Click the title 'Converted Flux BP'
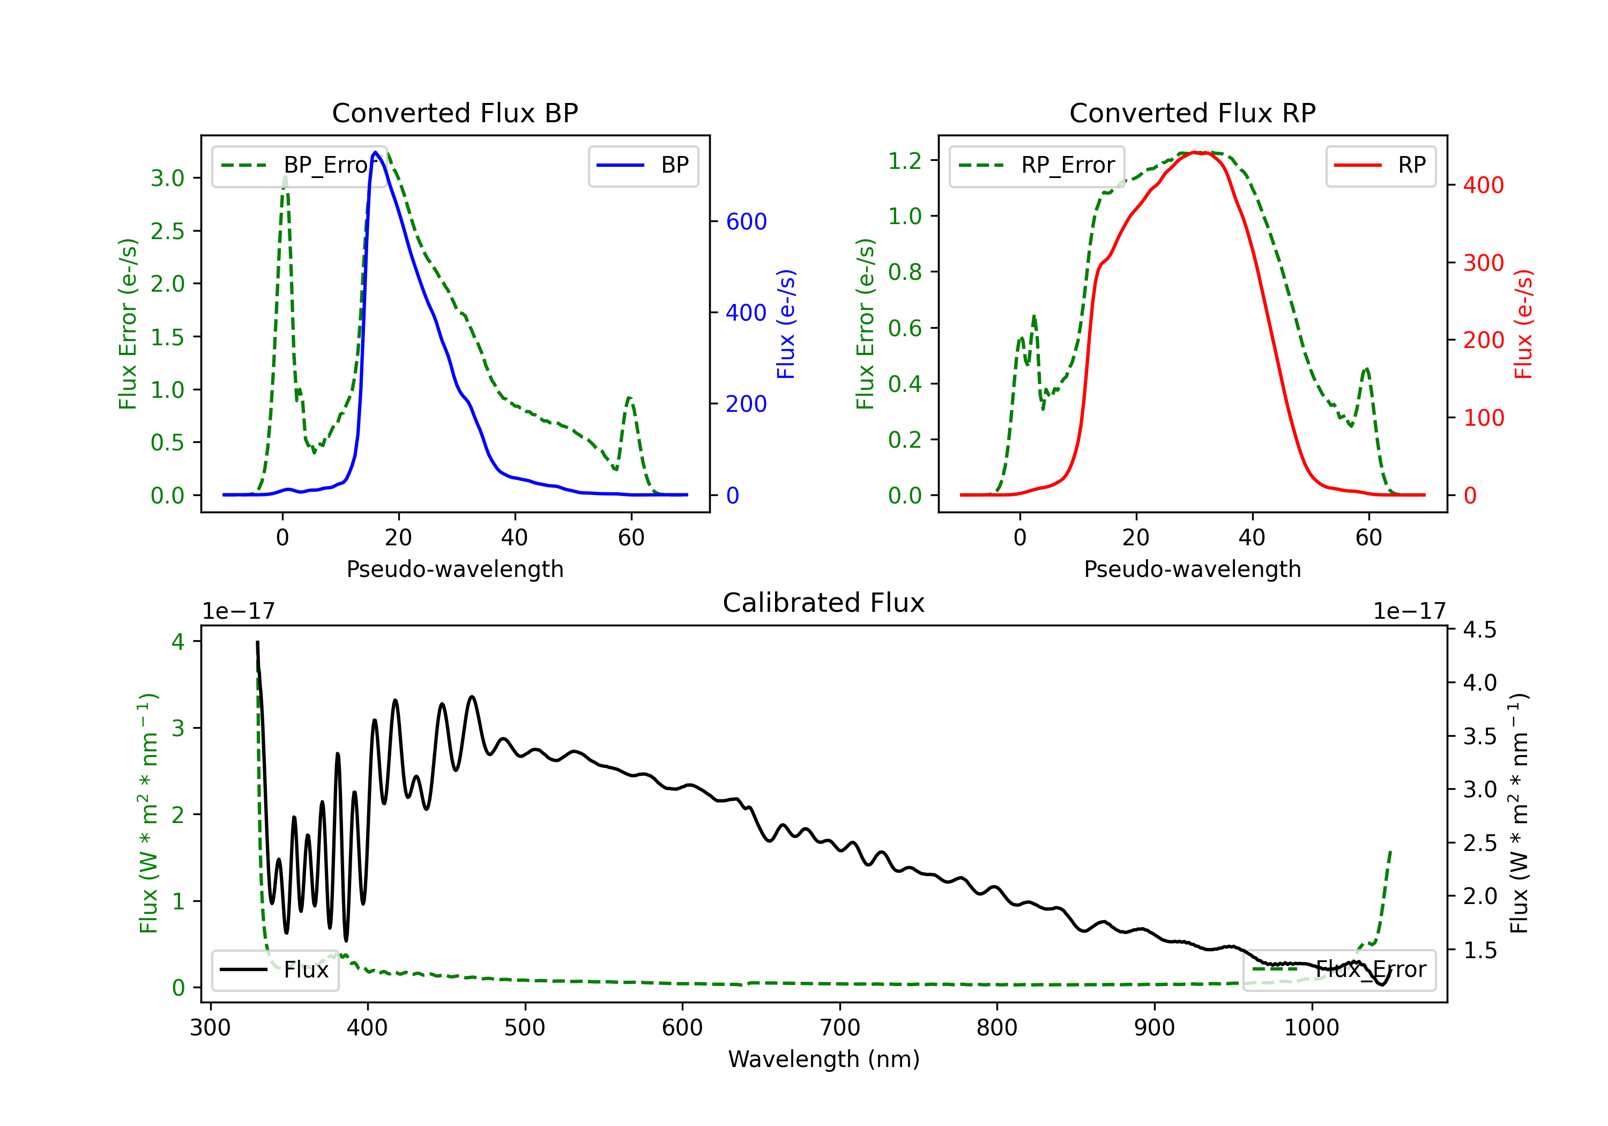tap(455, 113)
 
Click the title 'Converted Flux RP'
tap(1192, 113)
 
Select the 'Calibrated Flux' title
tap(824, 603)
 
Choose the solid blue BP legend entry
tap(643, 165)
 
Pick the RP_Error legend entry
tap(1037, 165)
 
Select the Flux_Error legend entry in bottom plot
tap(1339, 970)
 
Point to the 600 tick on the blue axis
tap(747, 221)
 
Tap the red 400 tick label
tap(1483, 185)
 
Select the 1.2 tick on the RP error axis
tap(905, 160)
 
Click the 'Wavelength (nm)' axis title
tap(824, 1059)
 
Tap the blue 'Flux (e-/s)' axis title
tap(786, 324)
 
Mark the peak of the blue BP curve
tap(375, 152)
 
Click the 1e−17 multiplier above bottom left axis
tap(238, 611)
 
